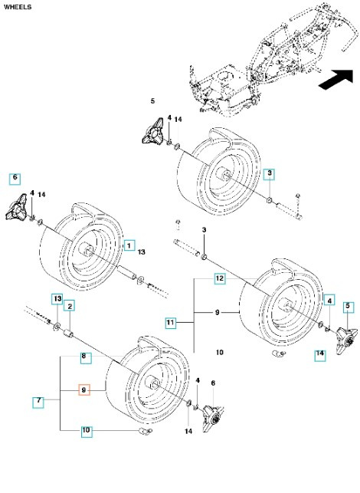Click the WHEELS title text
[18, 8]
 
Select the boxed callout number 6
[15, 178]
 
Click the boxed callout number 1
[130, 245]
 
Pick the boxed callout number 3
[270, 175]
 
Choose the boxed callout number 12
[219, 279]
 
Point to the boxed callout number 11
[170, 323]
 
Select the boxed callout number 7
[38, 400]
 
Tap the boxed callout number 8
[87, 357]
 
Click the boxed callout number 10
[87, 431]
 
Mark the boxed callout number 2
[69, 307]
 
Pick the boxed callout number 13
[56, 297]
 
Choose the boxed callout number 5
[348, 307]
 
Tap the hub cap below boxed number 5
[337, 335]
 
